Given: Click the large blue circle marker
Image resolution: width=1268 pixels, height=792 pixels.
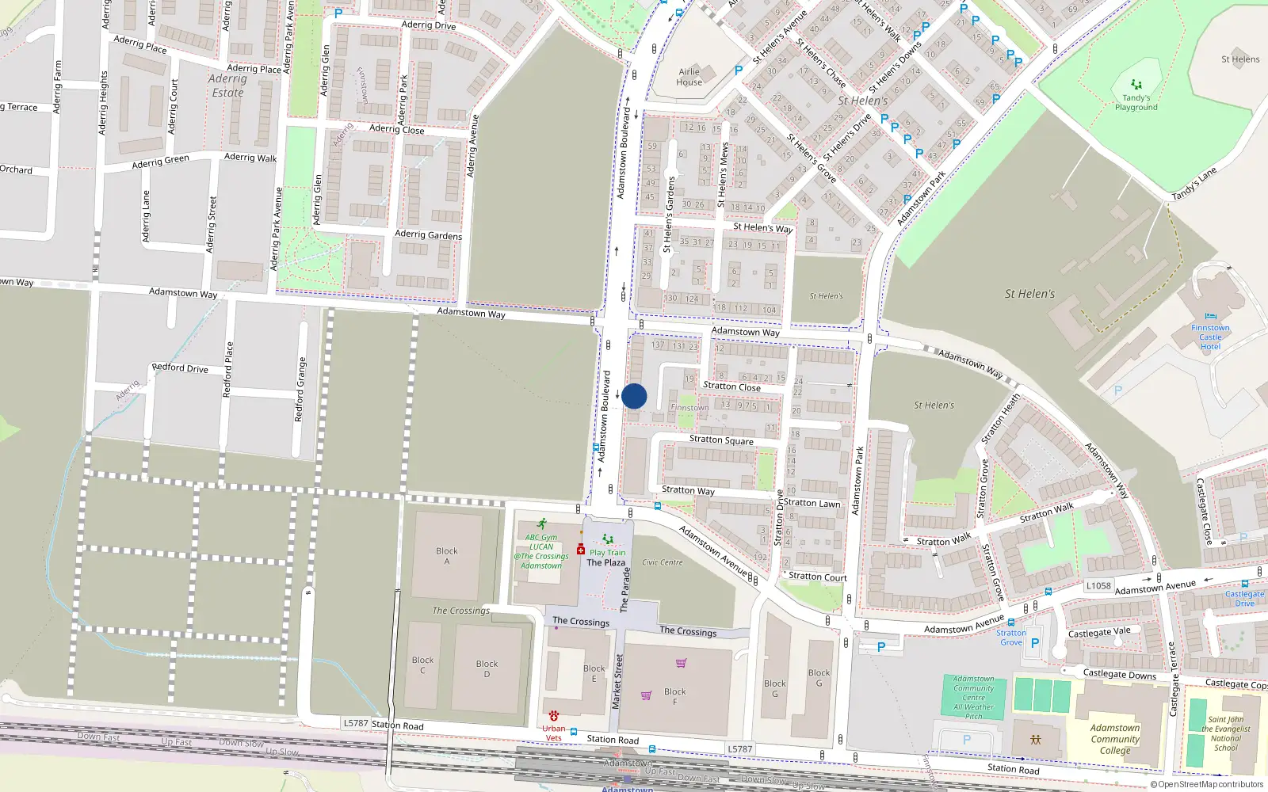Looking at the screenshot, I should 634,396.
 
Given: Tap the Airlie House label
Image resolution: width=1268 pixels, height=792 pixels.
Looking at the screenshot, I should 689,77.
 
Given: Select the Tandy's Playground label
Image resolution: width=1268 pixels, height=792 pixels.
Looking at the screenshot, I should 1136,103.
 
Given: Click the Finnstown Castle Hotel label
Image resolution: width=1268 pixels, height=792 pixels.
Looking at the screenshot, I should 1210,337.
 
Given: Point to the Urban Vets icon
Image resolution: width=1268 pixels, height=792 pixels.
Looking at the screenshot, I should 553,716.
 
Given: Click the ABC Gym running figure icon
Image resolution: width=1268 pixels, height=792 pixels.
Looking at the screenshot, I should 541,524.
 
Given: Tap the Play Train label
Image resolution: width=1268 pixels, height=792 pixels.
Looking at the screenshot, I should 607,553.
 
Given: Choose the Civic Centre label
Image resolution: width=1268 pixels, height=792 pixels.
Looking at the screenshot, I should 662,562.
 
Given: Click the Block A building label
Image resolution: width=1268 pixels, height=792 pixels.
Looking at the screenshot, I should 447,556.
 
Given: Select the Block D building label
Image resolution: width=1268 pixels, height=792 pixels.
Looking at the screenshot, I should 487,668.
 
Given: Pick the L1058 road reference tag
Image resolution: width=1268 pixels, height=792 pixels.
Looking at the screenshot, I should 1098,585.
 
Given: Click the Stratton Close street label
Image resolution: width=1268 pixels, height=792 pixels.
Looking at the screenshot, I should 731,386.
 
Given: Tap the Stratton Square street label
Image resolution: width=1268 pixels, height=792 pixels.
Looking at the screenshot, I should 721,440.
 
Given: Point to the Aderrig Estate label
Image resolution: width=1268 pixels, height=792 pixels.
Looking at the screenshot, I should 227,86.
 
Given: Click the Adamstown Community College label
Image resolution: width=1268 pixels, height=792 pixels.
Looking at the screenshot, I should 1114,739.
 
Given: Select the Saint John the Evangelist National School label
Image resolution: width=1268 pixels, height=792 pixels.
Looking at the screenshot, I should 1225,733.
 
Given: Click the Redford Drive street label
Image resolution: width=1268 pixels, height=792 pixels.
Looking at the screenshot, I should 180,367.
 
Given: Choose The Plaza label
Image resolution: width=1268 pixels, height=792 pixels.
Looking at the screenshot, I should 605,562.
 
